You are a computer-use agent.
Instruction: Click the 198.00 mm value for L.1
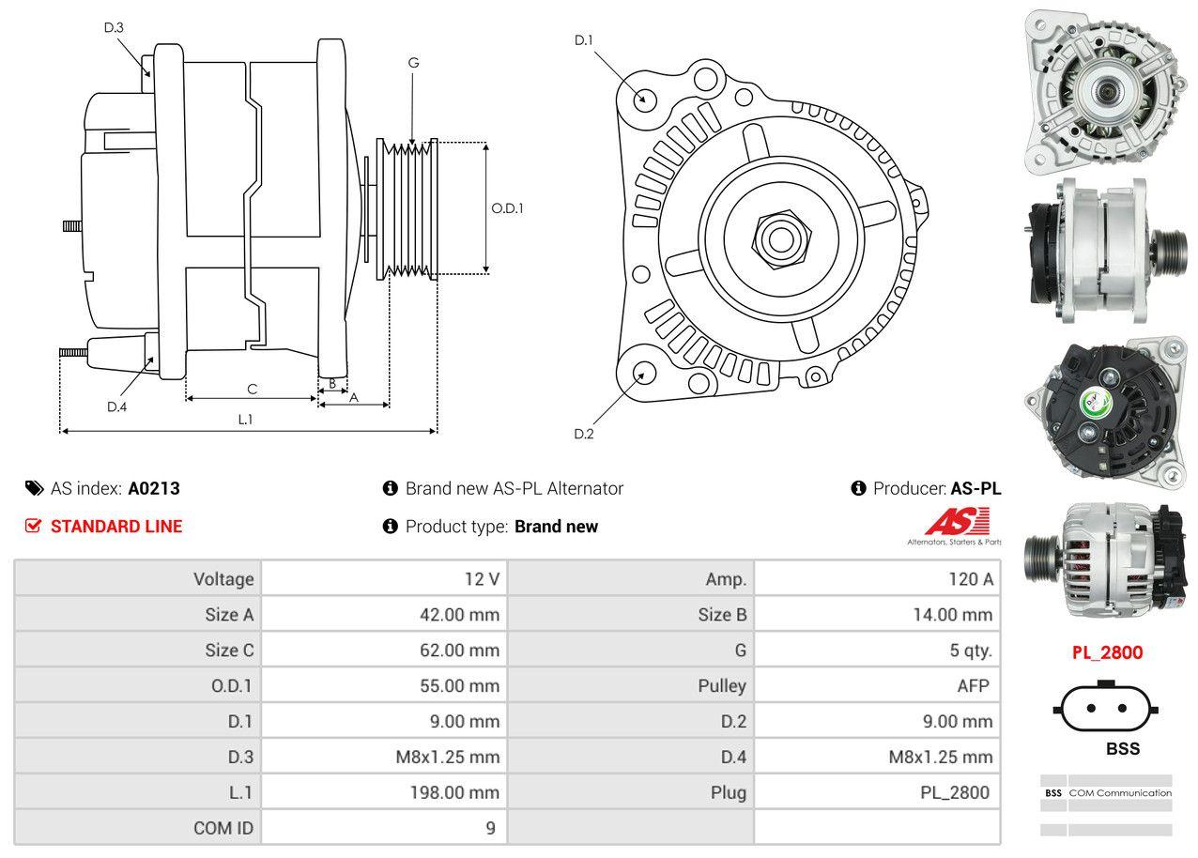(453, 792)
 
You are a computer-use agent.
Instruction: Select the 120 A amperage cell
(970, 579)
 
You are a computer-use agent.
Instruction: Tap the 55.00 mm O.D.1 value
(459, 686)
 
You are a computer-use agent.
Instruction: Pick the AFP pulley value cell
(973, 686)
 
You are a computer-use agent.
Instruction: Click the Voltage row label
(223, 579)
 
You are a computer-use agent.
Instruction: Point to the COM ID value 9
(490, 828)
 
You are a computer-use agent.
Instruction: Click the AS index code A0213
(154, 488)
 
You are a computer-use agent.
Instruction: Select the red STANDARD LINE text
(116, 527)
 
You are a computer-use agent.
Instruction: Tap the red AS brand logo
(957, 522)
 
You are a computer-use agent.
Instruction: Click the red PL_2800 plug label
(1107, 652)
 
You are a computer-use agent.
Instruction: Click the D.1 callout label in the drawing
(584, 40)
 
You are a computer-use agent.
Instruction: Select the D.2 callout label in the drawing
(584, 434)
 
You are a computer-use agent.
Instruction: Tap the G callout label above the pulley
(413, 63)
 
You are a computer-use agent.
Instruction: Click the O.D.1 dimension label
(507, 208)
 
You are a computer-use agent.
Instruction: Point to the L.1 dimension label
(245, 420)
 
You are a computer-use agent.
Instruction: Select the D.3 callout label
(114, 27)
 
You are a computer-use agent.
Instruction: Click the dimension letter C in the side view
(252, 389)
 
